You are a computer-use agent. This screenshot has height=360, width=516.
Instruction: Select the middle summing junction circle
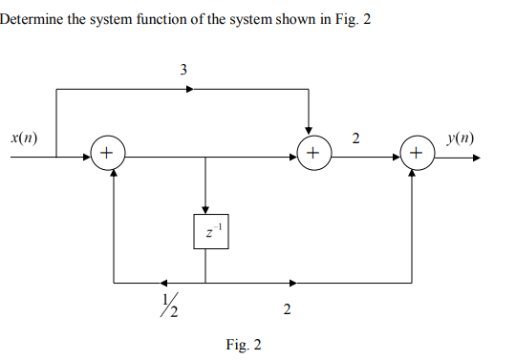(x=312, y=152)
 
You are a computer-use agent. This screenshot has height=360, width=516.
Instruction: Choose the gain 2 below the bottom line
(x=286, y=308)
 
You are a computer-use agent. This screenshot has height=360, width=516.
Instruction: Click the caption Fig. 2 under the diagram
(x=243, y=344)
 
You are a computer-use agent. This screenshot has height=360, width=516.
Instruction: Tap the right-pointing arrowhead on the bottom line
(x=292, y=283)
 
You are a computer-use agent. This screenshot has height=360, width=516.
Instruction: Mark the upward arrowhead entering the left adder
(x=115, y=176)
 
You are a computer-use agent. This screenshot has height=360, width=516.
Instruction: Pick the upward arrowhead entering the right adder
(x=413, y=176)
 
